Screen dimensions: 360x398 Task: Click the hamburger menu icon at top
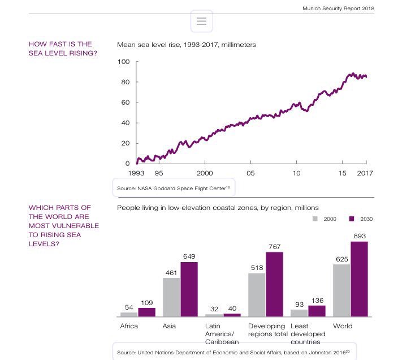[201, 21]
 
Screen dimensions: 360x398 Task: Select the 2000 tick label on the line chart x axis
[205, 173]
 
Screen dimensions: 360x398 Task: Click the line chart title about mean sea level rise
[187, 44]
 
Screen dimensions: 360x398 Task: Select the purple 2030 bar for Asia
[189, 289]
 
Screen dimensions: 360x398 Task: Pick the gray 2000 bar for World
[341, 290]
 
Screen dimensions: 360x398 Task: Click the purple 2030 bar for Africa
[146, 312]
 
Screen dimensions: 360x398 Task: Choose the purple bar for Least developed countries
[317, 311]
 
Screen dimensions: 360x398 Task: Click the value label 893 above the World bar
[360, 235]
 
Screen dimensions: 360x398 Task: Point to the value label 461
[171, 272]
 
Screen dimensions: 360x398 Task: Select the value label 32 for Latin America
[214, 308]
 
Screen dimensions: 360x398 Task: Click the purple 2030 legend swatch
[351, 218]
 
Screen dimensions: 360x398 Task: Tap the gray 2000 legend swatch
[316, 218]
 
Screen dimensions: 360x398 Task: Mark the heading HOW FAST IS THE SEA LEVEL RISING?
[60, 49]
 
